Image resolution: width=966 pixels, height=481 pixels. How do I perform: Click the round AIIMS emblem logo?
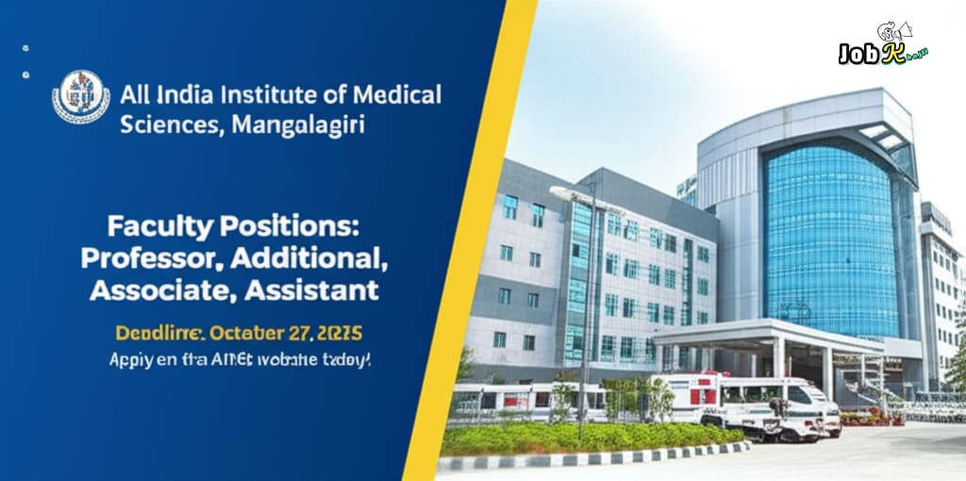80,97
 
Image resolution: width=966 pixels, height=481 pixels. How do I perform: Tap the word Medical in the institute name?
397,95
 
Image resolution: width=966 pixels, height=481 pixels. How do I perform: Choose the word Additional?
318,257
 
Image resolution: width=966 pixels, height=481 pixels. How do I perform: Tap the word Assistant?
312,289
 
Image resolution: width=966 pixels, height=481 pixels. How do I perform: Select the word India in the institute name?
185,95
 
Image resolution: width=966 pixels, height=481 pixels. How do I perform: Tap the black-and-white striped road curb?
585,459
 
